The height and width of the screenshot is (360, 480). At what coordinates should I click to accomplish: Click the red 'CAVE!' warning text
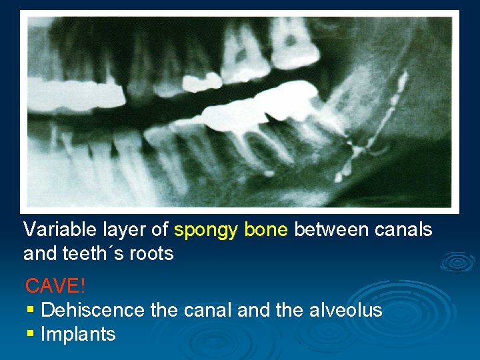pyautogui.click(x=55, y=286)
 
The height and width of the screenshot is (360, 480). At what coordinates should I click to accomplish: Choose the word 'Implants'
pyautogui.click(x=78, y=334)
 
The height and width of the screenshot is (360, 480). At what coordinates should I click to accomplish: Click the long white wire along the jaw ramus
pyautogui.click(x=393, y=107)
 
